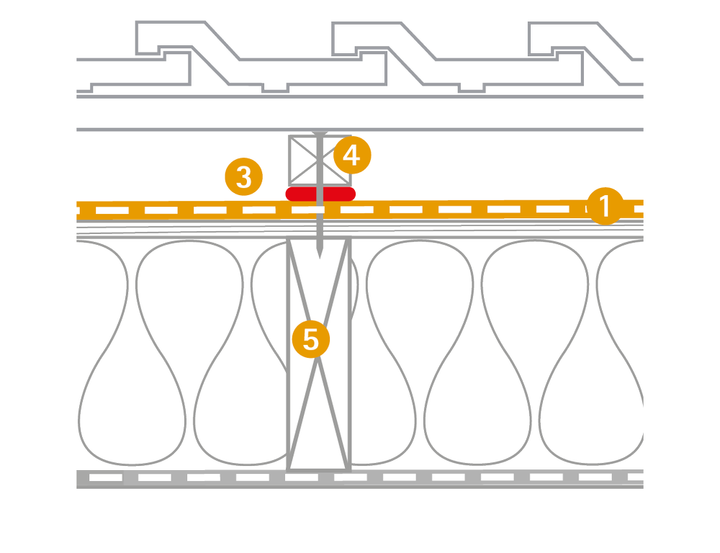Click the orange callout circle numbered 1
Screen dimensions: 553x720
(x=603, y=207)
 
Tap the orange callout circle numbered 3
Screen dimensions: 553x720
(x=243, y=176)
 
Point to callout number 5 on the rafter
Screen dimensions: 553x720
(x=310, y=338)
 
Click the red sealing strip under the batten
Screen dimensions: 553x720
(x=320, y=193)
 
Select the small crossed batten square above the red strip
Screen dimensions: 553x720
(x=306, y=160)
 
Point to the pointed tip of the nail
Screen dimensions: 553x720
(x=320, y=256)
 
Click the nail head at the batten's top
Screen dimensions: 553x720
(x=320, y=133)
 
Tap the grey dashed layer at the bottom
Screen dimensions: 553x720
(x=432, y=477)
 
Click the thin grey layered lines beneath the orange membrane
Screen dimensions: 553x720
(x=432, y=229)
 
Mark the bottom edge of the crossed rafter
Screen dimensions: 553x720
(x=319, y=470)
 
